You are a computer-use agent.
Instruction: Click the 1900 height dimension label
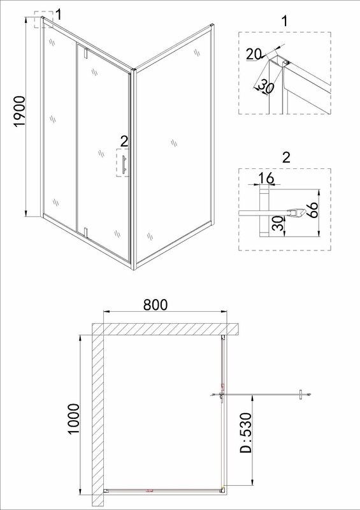tap(20, 111)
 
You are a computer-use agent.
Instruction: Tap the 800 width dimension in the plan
tap(155, 305)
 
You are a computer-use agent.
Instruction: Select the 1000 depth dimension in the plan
tap(74, 419)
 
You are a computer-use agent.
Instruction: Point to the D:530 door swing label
tap(246, 433)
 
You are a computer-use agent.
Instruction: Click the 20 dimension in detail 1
tap(254, 54)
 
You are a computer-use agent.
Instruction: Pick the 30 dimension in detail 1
tap(266, 87)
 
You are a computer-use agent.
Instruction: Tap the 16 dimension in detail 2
tap(266, 178)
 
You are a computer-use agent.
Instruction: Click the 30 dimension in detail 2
tap(278, 224)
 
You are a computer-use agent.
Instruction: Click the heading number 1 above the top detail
tap(285, 22)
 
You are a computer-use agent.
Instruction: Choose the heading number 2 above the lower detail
tap(286, 157)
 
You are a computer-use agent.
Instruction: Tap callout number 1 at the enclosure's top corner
tap(58, 14)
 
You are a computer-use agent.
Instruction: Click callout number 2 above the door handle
tap(124, 141)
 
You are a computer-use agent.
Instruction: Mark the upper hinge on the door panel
tap(86, 53)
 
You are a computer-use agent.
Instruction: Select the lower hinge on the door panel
tap(86, 232)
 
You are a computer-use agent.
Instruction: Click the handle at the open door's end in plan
tap(302, 394)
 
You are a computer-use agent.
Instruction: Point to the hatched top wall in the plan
tap(166, 328)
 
